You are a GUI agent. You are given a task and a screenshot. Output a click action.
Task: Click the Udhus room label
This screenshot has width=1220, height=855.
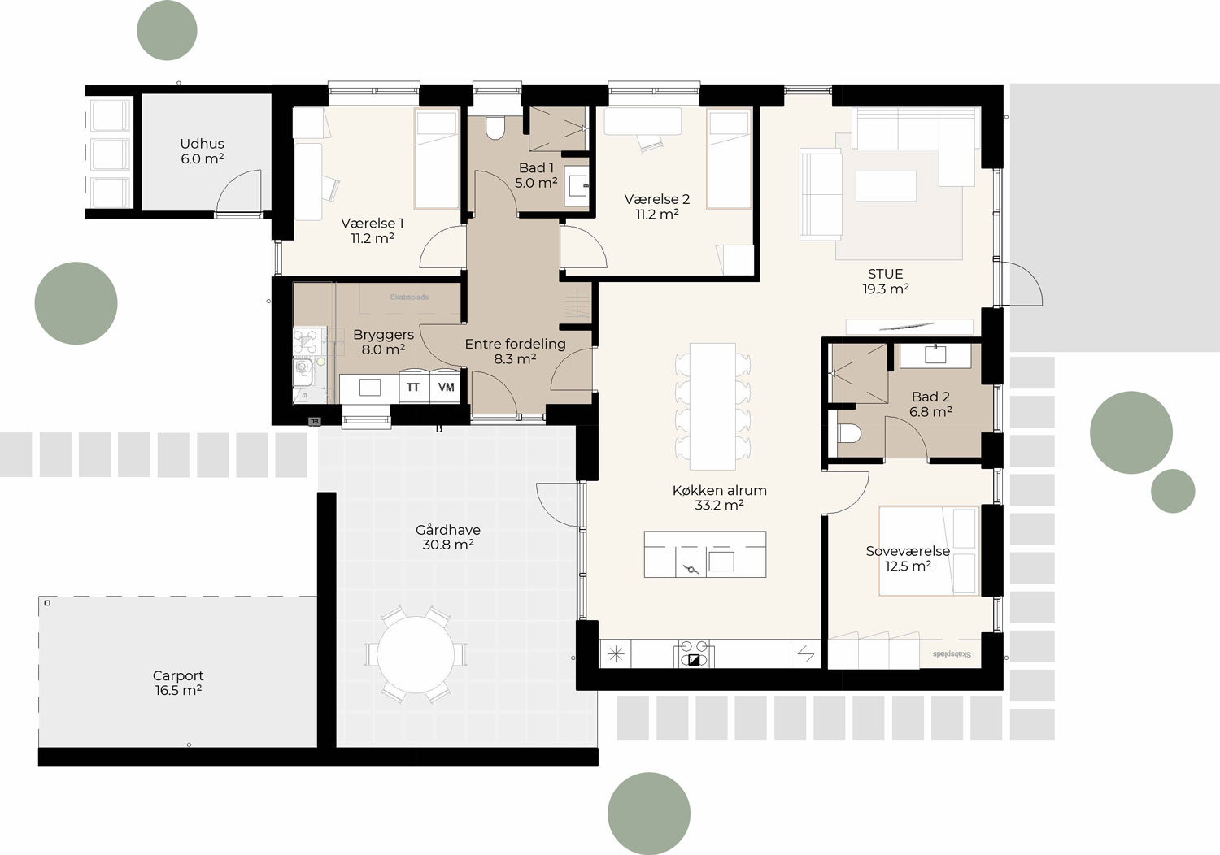202,151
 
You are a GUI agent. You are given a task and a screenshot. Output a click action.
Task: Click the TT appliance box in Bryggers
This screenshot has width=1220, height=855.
413,388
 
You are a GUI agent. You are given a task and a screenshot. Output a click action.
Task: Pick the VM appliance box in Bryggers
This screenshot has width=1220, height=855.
446,388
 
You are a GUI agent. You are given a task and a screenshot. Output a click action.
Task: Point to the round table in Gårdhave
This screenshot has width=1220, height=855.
416,654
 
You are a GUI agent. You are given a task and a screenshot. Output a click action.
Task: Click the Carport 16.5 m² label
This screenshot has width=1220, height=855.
178,683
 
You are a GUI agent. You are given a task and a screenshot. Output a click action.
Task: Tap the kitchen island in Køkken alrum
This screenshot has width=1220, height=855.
704,554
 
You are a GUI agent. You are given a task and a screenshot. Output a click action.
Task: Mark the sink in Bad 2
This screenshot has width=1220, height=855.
935,354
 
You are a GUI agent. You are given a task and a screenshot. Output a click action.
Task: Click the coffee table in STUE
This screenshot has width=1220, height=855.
885,186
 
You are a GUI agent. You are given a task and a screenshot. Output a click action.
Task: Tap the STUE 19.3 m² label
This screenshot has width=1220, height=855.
885,281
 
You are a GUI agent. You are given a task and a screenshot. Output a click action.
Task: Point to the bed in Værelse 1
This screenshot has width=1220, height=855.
437,159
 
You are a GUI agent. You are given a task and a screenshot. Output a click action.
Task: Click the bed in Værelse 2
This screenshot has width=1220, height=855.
729,159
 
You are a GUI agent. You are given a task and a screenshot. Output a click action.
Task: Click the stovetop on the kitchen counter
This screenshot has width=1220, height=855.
694,654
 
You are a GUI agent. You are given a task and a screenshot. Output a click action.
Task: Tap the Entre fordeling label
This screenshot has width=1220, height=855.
515,351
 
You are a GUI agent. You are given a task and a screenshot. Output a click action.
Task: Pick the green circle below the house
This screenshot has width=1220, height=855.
648,814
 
